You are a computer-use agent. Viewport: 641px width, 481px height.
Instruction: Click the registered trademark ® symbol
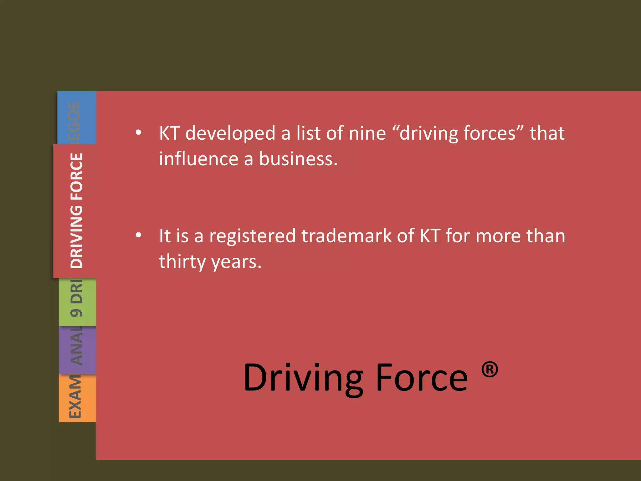pyautogui.click(x=489, y=370)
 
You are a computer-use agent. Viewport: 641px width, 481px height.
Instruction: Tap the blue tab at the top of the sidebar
pyautogui.click(x=76, y=117)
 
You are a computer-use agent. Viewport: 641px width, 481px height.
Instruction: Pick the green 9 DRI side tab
pyautogui.click(x=77, y=302)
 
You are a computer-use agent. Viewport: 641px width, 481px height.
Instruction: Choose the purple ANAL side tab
pyautogui.click(x=77, y=350)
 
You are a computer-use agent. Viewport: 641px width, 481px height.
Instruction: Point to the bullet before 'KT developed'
pyautogui.click(x=138, y=133)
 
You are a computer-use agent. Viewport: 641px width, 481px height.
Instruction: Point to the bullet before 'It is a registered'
pyautogui.click(x=138, y=235)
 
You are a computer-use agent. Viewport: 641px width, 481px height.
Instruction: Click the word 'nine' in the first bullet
pyautogui.click(x=367, y=133)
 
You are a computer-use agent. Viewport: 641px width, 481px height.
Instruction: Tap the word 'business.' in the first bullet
pyautogui.click(x=298, y=159)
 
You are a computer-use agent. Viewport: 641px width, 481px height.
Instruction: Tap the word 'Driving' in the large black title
pyautogui.click(x=303, y=378)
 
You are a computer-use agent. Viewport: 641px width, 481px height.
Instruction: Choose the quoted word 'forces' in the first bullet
pyautogui.click(x=494, y=133)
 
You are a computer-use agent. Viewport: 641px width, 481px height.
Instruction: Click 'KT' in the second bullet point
pyautogui.click(x=430, y=236)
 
